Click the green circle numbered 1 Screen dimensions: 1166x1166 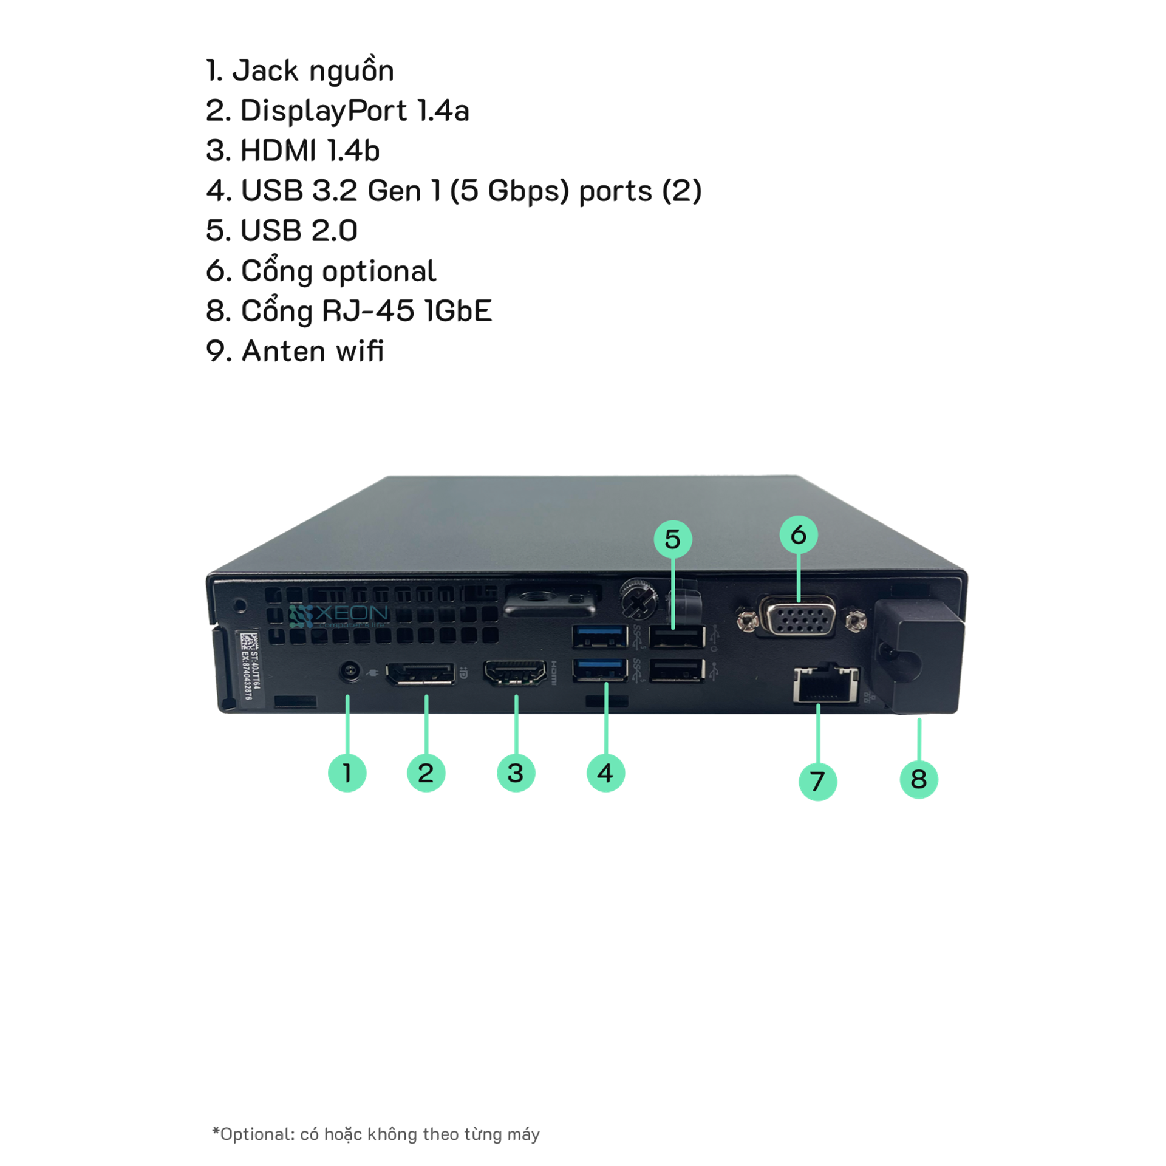pos(347,773)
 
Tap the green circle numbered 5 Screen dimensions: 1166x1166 pos(672,539)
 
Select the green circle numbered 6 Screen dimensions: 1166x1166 pos(798,534)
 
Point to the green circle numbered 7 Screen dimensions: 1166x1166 pos(817,781)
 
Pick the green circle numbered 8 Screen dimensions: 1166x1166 pos(919,779)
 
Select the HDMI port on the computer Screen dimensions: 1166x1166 pos(514,673)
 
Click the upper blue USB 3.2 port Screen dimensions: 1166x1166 pos(600,637)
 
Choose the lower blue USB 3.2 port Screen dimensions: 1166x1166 pos(600,670)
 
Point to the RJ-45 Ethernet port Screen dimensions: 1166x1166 pos(826,684)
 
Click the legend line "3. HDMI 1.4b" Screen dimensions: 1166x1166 pos(293,151)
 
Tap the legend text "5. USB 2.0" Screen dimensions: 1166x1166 pos(282,231)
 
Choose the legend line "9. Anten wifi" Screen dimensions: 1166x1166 pos(295,351)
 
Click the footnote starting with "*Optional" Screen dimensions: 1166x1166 pos(376,1134)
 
